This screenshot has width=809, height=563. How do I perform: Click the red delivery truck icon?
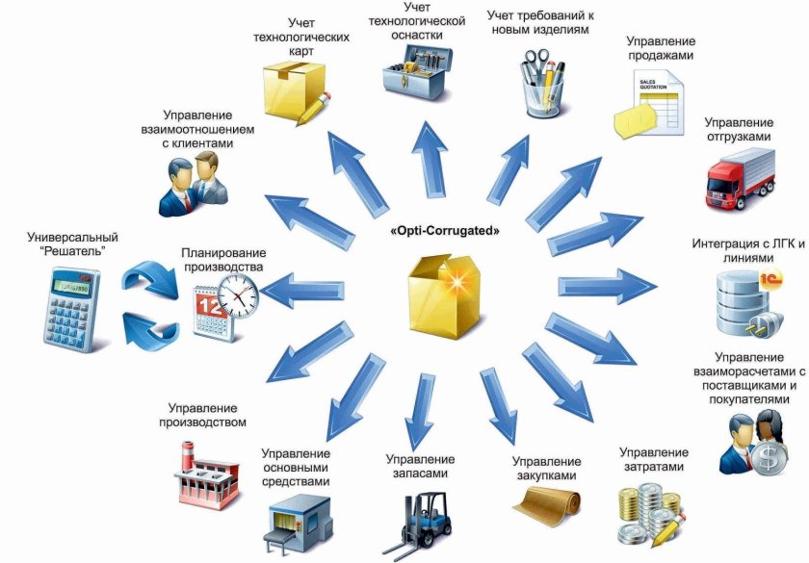[x=740, y=179]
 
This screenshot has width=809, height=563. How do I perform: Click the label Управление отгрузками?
[x=739, y=130]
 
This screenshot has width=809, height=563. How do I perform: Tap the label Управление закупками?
[x=546, y=469]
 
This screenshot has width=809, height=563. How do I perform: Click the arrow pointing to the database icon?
[x=608, y=285]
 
